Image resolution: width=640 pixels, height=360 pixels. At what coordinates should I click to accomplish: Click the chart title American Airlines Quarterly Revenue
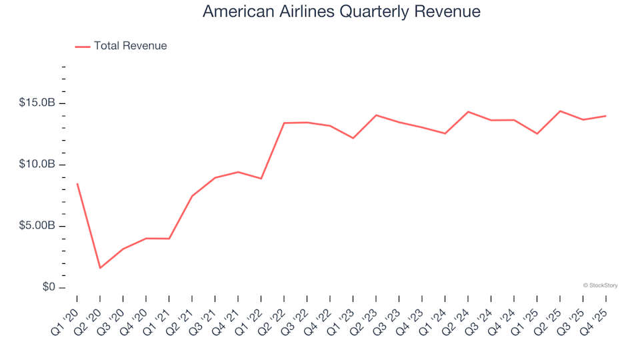[341, 12]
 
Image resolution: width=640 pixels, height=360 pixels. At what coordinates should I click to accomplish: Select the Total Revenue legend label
[130, 46]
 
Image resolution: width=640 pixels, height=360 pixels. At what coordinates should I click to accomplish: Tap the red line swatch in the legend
[83, 47]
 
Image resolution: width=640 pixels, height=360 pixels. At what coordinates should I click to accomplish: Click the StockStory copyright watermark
[600, 285]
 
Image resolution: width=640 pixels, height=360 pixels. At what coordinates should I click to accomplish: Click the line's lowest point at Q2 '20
[100, 268]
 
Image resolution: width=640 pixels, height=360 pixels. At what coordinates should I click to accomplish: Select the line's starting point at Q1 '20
[77, 184]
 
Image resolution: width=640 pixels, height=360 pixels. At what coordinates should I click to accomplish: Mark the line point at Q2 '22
[284, 123]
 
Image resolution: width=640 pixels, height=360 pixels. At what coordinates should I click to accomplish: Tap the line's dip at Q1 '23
[353, 138]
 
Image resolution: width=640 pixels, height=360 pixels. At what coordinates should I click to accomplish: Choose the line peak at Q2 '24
[468, 111]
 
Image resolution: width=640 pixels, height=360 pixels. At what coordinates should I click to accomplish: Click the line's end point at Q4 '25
[605, 116]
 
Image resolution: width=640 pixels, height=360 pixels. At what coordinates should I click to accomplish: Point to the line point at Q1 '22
[261, 179]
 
